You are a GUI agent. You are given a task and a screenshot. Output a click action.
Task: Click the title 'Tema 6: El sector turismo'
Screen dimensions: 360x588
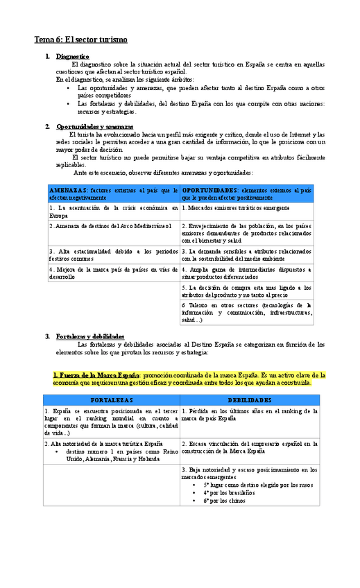click(x=80, y=40)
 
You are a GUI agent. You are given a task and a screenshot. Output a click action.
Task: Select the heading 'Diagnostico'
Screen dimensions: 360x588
click(x=73, y=56)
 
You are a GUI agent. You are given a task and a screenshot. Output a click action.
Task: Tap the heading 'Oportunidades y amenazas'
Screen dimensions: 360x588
click(x=94, y=127)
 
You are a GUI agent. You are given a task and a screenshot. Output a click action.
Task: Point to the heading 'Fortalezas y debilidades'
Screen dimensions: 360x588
click(x=90, y=336)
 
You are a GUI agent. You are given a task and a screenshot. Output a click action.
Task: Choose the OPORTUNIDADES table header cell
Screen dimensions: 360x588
click(x=246, y=193)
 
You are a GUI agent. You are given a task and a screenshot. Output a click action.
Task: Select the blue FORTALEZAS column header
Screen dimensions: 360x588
click(x=111, y=400)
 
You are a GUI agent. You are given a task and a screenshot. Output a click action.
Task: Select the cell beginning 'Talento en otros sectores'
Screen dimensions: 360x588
click(x=246, y=312)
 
